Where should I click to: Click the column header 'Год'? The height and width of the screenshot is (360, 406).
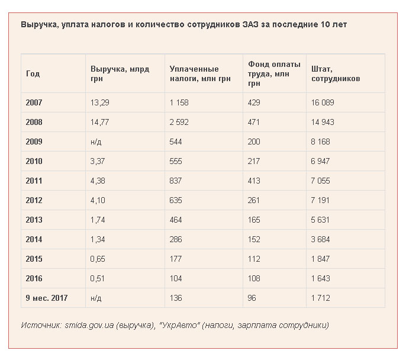pyautogui.click(x=33, y=73)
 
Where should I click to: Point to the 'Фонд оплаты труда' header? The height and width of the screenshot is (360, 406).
pyautogui.click(x=274, y=73)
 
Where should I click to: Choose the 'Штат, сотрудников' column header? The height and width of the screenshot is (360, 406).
pyautogui.click(x=336, y=73)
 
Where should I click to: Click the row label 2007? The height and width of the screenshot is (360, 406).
pyautogui.click(x=34, y=102)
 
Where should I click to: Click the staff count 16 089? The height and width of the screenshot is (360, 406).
pyautogui.click(x=323, y=102)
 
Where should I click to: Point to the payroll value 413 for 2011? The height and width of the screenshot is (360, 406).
pyautogui.click(x=254, y=181)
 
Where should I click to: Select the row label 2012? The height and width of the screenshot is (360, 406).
pyautogui.click(x=34, y=200)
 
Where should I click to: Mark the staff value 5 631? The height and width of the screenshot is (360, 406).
pyautogui.click(x=320, y=220)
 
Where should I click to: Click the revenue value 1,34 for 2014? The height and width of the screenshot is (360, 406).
pyautogui.click(x=98, y=239)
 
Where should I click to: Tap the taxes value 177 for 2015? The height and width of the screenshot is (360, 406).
pyautogui.click(x=175, y=259)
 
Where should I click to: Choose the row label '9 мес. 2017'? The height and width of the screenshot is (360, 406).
pyautogui.click(x=47, y=298)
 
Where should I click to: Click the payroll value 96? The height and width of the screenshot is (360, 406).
pyautogui.click(x=252, y=298)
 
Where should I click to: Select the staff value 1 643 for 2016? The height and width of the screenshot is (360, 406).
pyautogui.click(x=320, y=278)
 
